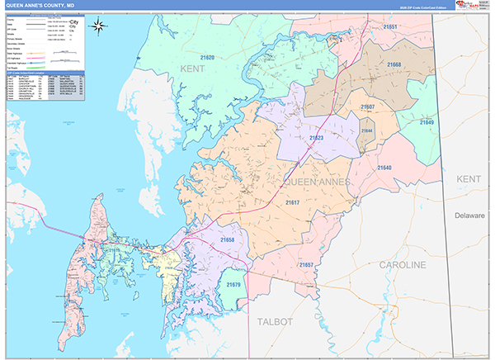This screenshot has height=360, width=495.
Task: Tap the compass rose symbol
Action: click(x=98, y=25)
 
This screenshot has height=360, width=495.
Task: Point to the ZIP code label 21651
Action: click(x=390, y=27)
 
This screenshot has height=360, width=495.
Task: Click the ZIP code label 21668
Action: click(x=394, y=64)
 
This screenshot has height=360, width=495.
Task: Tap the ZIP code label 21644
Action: click(x=365, y=130)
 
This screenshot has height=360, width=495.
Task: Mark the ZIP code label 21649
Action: click(x=426, y=122)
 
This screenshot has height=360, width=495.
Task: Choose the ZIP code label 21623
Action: click(x=315, y=139)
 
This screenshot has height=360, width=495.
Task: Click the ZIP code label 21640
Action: click(x=384, y=168)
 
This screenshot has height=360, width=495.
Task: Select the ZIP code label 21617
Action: click(x=292, y=202)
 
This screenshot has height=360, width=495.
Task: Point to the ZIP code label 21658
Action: click(x=228, y=239)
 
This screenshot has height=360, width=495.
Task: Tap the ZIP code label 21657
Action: click(x=307, y=264)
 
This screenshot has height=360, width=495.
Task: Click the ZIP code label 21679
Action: click(x=233, y=285)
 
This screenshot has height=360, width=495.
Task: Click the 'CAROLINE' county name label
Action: click(x=402, y=265)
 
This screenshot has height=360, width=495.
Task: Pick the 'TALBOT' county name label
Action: click(x=275, y=321)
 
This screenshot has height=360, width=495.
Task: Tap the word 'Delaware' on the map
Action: click(x=470, y=216)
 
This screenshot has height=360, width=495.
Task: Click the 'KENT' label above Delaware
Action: click(x=469, y=178)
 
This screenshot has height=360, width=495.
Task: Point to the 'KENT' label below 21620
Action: click(x=195, y=69)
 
